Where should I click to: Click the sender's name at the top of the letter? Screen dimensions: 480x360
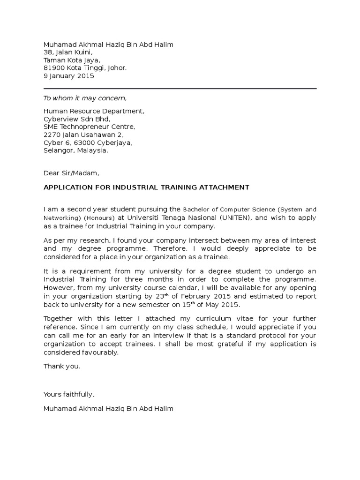(x=108, y=45)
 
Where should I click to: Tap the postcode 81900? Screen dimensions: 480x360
(x=52, y=68)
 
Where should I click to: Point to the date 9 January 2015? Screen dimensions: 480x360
(x=69, y=76)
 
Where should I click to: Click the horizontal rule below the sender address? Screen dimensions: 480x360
(x=180, y=89)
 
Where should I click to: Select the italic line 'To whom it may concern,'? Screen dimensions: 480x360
(x=85, y=98)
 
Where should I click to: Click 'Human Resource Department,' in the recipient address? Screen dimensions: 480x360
(x=94, y=111)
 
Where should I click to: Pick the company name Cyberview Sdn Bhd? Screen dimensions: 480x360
(x=77, y=119)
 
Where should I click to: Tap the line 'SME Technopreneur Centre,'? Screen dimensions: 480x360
(x=90, y=127)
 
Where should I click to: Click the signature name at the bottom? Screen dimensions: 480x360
(x=108, y=409)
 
